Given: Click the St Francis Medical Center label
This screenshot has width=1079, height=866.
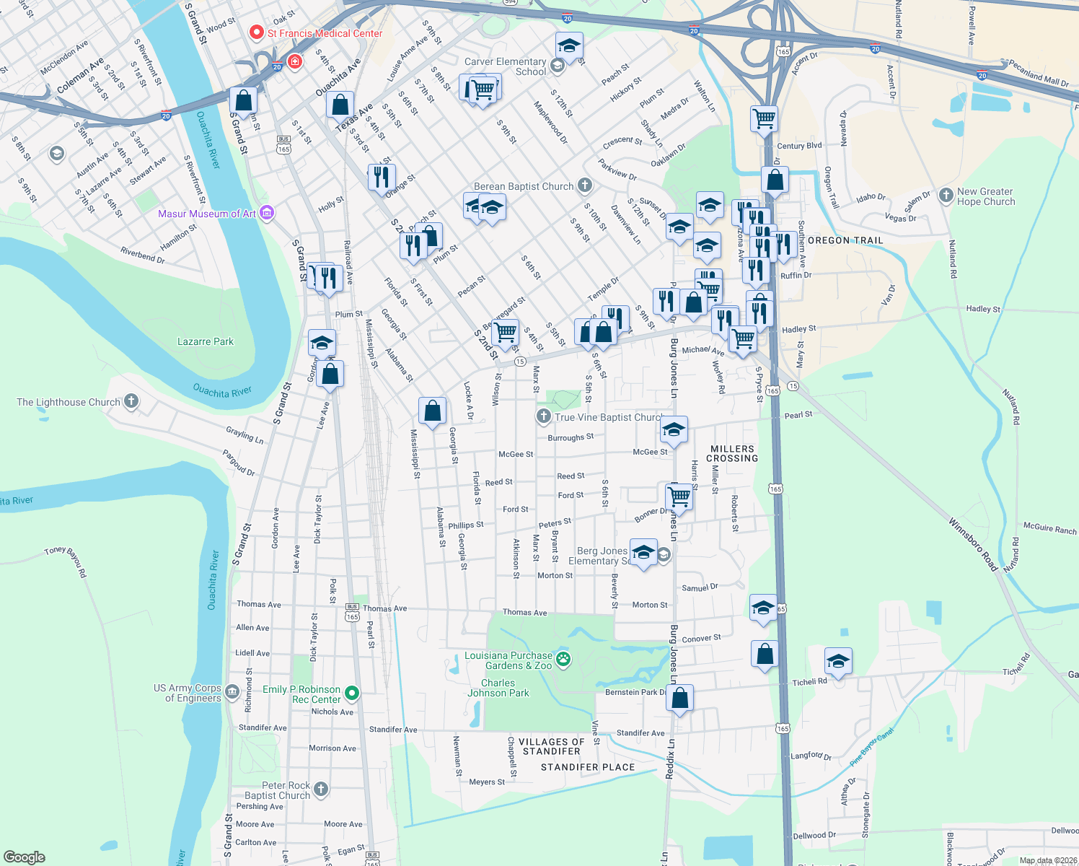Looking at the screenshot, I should coord(325,33).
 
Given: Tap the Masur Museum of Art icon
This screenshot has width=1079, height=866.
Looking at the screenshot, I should coord(267,213).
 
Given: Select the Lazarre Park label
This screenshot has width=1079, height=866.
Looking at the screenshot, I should coord(206,341).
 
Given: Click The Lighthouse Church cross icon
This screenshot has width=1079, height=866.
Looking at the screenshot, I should coord(131,401).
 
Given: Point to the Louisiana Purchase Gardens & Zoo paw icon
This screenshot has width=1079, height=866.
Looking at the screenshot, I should coord(564,659).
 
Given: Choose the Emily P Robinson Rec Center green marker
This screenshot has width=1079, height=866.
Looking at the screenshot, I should coord(352,694).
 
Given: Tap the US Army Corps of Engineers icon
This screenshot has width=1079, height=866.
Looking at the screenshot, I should coord(232,693).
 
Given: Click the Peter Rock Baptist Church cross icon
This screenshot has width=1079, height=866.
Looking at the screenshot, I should coord(321,790).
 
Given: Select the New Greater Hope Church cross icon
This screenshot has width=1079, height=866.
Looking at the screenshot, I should coord(946,196).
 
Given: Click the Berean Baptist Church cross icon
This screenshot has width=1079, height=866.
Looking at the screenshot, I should coord(585,186).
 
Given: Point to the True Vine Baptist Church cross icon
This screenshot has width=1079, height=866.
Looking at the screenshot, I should coord(544,416).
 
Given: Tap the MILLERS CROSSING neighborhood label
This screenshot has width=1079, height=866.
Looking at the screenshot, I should coord(732,453).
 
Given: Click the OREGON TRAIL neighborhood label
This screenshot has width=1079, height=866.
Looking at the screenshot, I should coord(845,240).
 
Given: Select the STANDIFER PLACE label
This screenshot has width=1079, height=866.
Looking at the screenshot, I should coord(588,767).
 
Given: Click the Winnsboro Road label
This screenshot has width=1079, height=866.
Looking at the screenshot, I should coord(973,544).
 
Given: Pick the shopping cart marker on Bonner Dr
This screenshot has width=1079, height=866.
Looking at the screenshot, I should coord(679,496).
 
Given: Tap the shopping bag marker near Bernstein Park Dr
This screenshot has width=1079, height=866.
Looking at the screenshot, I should coord(679,698).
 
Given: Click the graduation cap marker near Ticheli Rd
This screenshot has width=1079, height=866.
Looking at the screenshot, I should coord(838,660).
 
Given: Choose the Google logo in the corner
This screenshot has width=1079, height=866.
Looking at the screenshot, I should coord(25,857).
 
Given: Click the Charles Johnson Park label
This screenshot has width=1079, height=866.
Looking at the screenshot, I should coord(498,688).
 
